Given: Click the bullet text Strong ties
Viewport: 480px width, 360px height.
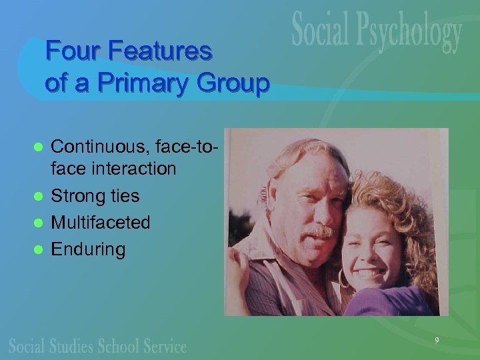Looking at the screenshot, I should [95, 196].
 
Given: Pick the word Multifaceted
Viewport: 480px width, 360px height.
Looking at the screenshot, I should [101, 222].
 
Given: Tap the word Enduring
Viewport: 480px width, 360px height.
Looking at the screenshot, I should [88, 249].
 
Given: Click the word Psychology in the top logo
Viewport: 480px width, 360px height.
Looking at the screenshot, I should [413, 33].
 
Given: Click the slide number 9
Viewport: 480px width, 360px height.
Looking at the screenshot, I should [437, 341].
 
